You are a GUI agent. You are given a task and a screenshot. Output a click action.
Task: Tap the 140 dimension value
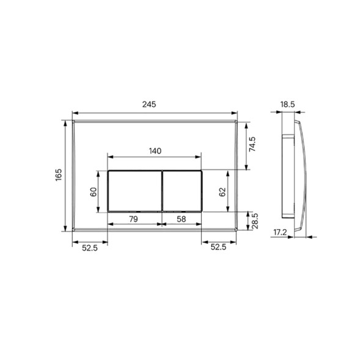pos(155,150)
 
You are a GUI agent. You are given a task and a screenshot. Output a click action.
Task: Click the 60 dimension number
pos(94,191)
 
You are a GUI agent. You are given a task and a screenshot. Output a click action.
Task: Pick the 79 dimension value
pos(134,218)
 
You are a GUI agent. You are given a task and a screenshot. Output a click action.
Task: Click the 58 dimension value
pos(182,218)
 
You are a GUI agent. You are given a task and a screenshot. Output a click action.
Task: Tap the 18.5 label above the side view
pos(288,105)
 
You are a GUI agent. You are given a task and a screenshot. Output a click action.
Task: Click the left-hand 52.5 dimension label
pos(90,247)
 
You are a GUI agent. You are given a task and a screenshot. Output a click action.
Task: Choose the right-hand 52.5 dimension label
pos(218,247)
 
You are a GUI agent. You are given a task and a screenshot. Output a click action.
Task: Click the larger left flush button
pos(134,191)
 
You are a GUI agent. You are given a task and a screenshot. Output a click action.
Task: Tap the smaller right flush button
pos(182,191)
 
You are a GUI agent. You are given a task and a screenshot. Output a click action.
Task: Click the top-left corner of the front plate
pos(73,120)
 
